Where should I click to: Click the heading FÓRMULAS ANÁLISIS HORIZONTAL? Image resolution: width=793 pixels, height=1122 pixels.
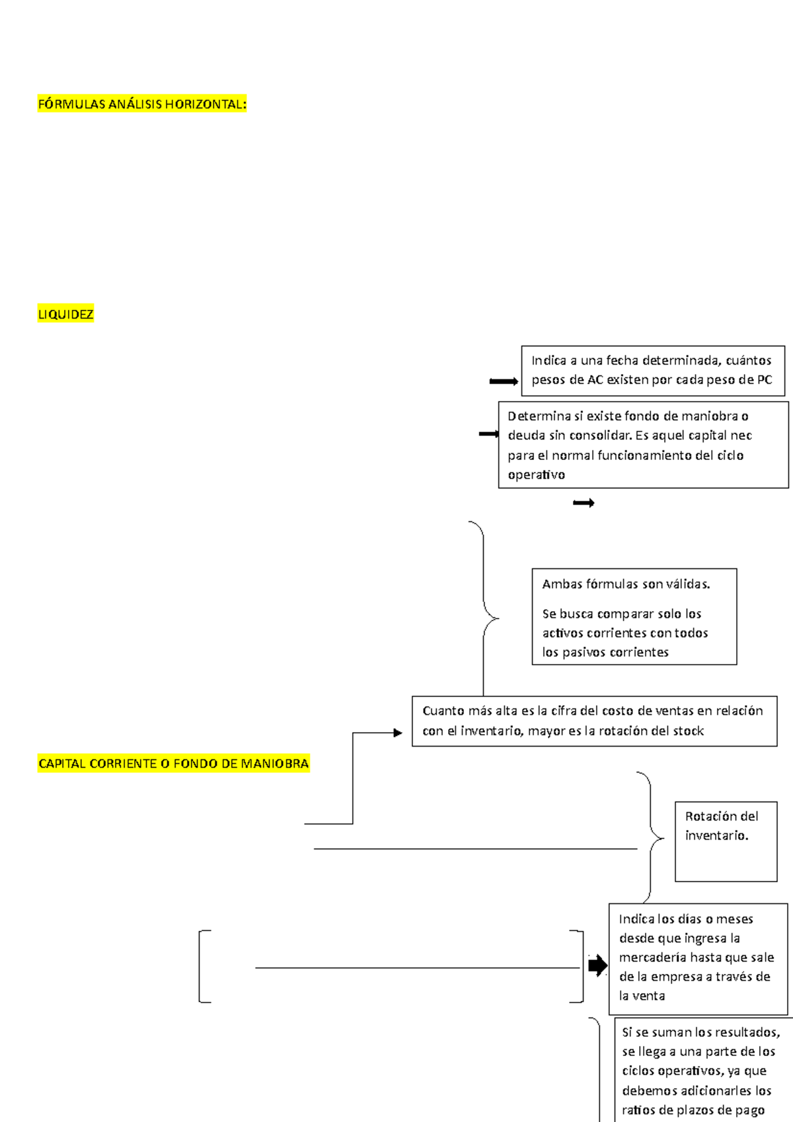point(142,104)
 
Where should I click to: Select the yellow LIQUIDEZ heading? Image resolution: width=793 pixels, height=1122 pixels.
point(65,315)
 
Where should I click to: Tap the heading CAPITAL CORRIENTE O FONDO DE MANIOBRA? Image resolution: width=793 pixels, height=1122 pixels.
point(173,764)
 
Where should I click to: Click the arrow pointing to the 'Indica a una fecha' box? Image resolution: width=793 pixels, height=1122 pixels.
point(504,381)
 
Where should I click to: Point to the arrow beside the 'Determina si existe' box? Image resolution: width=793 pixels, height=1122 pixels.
point(488,434)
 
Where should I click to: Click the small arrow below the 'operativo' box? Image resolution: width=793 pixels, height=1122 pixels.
point(584,504)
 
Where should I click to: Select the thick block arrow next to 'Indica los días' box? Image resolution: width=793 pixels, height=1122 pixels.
point(597,965)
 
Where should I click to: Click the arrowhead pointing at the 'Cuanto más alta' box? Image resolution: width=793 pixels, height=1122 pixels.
point(398,733)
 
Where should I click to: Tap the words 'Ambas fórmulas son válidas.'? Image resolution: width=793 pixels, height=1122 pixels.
point(626,584)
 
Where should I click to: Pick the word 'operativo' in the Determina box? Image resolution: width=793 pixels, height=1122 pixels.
point(536,475)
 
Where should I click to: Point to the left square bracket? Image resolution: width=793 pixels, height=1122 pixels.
point(202,966)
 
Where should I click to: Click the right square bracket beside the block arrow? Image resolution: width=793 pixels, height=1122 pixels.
point(580,966)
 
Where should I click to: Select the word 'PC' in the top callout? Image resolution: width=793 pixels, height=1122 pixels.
point(764,380)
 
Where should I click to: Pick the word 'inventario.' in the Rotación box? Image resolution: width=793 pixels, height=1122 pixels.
point(716,836)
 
